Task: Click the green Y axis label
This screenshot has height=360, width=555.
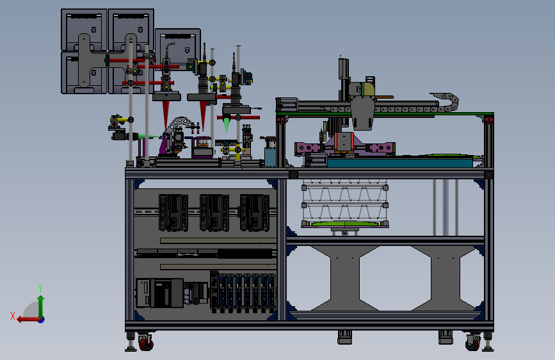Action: pyautogui.click(x=40, y=288)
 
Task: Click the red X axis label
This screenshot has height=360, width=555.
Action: pyautogui.click(x=13, y=316)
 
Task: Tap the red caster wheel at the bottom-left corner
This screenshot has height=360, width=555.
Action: pyautogui.click(x=146, y=343)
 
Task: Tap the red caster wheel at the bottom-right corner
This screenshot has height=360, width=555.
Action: pyautogui.click(x=473, y=344)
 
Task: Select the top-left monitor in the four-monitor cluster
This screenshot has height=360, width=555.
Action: pyautogui.click(x=84, y=29)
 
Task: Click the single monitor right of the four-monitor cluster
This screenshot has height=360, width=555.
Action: pyautogui.click(x=178, y=49)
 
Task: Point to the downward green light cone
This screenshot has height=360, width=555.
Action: pyautogui.click(x=227, y=124)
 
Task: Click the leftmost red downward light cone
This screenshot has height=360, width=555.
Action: pyautogui.click(x=166, y=114)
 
